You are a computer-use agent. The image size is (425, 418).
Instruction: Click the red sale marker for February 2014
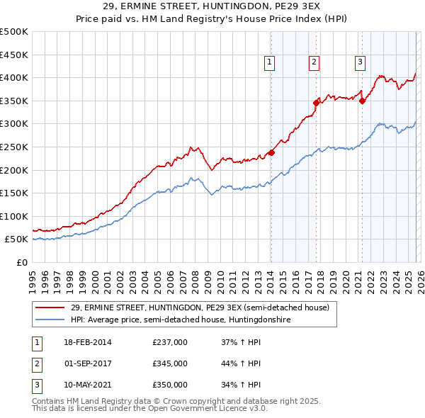click(271, 152)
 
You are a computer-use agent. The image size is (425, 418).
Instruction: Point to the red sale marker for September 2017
click(317, 103)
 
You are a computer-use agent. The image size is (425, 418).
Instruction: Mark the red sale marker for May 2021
click(362, 101)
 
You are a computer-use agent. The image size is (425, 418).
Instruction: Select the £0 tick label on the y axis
click(21, 262)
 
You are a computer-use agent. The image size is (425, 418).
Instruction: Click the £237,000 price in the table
click(170, 343)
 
